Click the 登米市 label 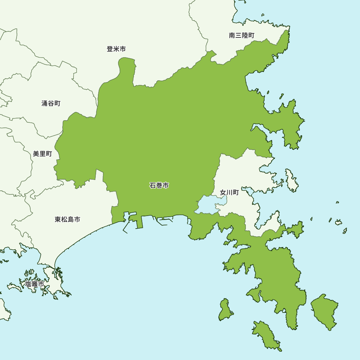[116, 49]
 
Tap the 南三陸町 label [242, 35]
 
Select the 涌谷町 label [51, 104]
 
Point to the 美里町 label [42, 154]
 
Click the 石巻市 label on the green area [159, 186]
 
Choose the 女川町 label [229, 193]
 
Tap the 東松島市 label [67, 219]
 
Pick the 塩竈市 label [35, 284]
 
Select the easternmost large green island [324, 311]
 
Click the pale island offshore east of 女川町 [292, 180]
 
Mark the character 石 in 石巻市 [153, 186]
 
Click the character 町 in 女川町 [236, 193]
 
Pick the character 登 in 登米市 [110, 49]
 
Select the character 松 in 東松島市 [64, 219]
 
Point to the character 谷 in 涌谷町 [51, 104]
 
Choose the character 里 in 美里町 [42, 154]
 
